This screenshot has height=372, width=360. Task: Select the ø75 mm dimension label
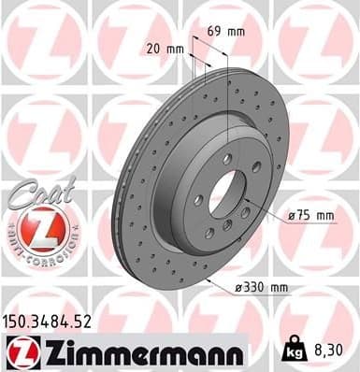pyautogui.click(x=311, y=216)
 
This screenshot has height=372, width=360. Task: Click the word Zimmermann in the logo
pyautogui.click(x=140, y=352)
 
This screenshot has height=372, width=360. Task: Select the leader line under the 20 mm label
pyautogui.click(x=190, y=64)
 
